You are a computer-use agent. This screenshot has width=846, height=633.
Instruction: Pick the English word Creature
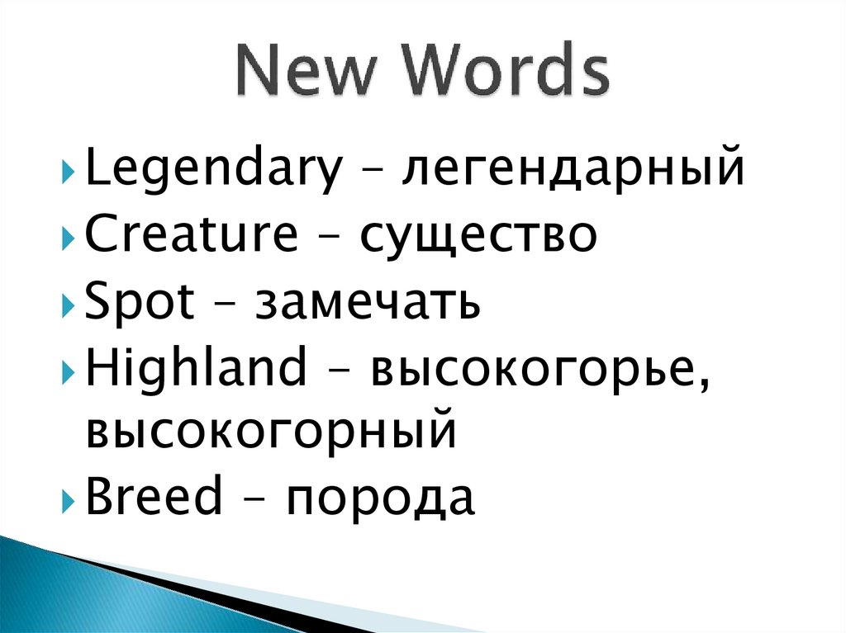point(192,235)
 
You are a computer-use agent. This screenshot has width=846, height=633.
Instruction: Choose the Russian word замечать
point(368,303)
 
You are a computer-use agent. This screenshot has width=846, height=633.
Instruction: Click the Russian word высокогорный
point(272,432)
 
